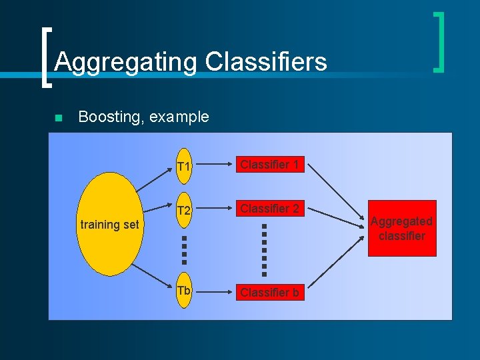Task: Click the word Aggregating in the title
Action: coord(125,62)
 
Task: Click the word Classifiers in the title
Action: coord(266,62)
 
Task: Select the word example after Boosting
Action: coord(179,117)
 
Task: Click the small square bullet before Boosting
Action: coord(58,118)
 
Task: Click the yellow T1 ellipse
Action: coord(185,165)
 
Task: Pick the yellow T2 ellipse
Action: coord(185,211)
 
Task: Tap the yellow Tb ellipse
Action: coord(185,291)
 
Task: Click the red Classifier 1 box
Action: coord(269,164)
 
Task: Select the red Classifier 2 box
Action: coord(269,209)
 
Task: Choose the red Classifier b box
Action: coord(269,292)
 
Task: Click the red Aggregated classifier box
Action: coord(402,228)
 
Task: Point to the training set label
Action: coord(109,225)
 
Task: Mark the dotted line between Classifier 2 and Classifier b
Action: coord(264,249)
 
